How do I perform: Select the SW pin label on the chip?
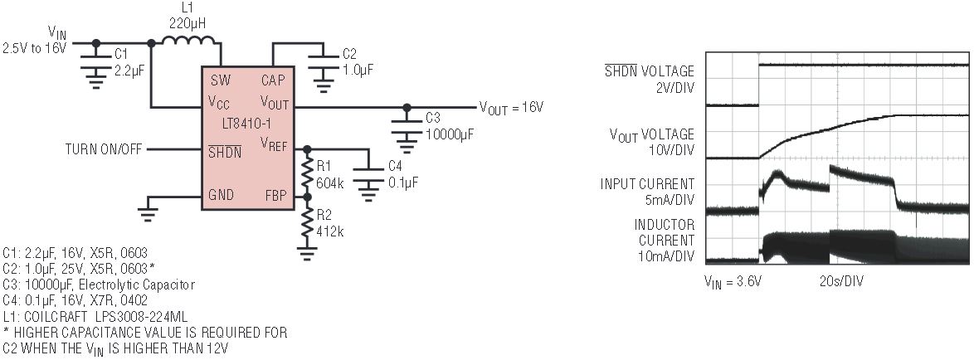click(x=221, y=80)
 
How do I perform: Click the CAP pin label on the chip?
click(x=274, y=80)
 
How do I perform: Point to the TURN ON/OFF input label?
click(x=104, y=149)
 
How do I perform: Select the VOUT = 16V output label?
click(x=511, y=107)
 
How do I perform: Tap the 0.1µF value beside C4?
click(x=403, y=180)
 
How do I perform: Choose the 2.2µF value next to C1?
click(x=129, y=73)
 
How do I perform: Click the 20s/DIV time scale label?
click(x=841, y=281)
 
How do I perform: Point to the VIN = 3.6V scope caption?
click(x=733, y=281)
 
